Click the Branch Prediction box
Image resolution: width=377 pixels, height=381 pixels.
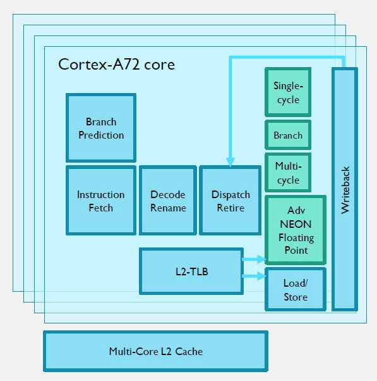pos(101,128)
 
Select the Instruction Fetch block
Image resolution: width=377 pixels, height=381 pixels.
pos(101,201)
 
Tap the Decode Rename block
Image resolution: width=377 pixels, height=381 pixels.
pos(168,201)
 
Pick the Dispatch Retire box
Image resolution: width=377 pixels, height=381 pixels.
pos(230,201)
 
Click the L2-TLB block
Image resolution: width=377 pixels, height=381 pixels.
pos(191,272)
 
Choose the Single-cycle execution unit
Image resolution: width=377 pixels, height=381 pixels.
pos(288,92)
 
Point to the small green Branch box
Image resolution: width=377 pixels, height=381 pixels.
pos(288,135)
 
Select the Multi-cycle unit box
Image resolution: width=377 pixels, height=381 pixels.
pos(288,173)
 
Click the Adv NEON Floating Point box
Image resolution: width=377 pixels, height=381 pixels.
pos(295,230)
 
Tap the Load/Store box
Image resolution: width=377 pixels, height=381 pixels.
pos(295,290)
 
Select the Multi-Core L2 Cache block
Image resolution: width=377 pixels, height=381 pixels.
pos(155,351)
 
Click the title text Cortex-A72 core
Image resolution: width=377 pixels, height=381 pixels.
pos(116,65)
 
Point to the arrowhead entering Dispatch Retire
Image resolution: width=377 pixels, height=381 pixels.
pos(230,161)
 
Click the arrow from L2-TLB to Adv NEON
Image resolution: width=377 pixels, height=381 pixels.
pos(254,259)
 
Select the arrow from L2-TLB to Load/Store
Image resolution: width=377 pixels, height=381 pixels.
pos(254,276)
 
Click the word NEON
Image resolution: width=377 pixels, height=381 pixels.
pos(296,223)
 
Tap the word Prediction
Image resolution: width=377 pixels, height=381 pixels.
pos(101,135)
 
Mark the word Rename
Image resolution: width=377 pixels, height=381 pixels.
pos(168,208)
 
